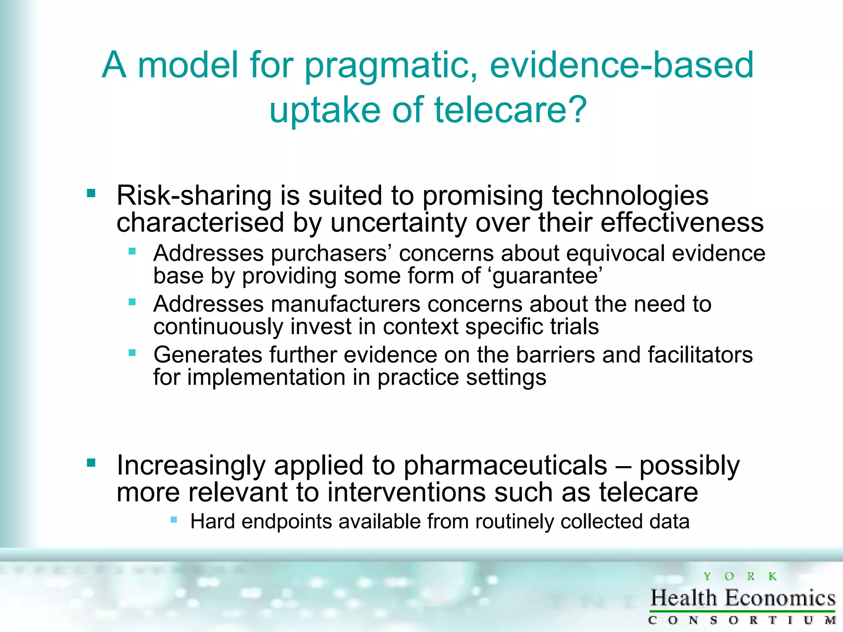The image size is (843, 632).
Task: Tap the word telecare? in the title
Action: [510, 110]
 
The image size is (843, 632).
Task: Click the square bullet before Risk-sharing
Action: [91, 193]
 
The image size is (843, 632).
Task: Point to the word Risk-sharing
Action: [194, 196]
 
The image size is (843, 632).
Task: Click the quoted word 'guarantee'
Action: [547, 276]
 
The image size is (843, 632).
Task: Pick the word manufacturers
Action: [345, 304]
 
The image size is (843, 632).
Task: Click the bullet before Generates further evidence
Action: [132, 353]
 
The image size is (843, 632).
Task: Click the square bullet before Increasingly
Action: [91, 463]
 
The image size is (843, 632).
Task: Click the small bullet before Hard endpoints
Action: [174, 520]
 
